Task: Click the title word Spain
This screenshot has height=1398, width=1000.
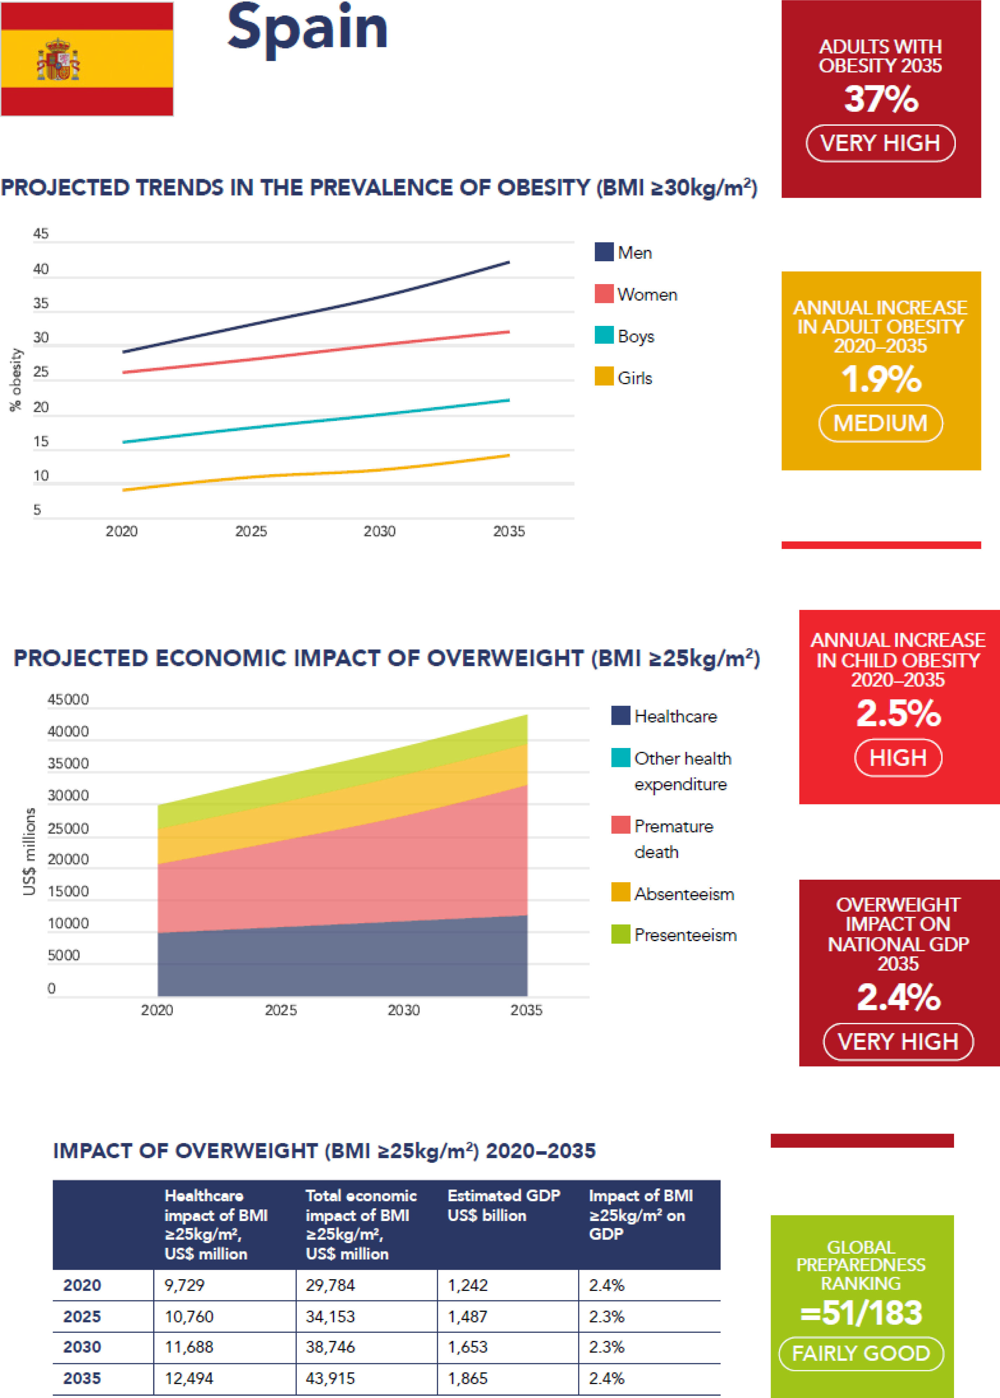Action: click(x=307, y=28)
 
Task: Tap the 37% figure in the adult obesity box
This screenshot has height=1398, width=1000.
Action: click(x=881, y=99)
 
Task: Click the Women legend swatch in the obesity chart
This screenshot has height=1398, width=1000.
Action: click(x=604, y=294)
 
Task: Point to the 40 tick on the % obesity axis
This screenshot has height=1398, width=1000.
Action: click(x=41, y=269)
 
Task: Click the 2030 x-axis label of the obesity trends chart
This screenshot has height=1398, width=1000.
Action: click(x=379, y=531)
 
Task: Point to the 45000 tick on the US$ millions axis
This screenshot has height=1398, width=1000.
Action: click(x=68, y=699)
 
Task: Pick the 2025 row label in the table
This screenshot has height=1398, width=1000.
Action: click(x=82, y=1316)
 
